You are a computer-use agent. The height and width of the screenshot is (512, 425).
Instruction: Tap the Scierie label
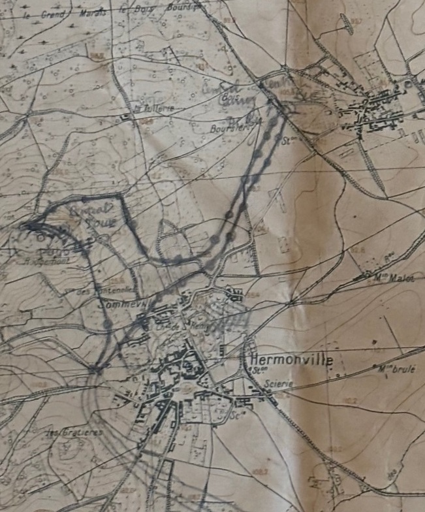click(x=279, y=385)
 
